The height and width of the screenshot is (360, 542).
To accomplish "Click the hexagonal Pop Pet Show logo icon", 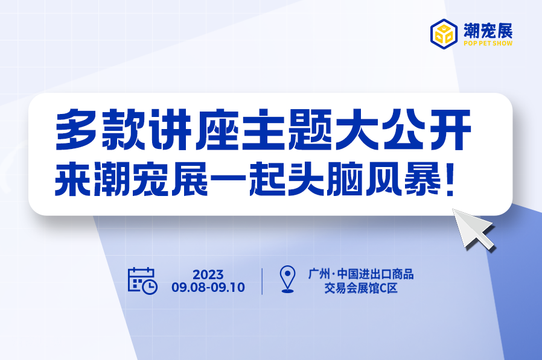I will click(444, 34).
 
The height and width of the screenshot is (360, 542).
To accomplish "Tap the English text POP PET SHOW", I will click(488, 44).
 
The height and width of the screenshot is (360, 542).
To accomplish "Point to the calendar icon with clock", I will click(142, 280).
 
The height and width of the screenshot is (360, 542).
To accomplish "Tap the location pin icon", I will click(289, 280).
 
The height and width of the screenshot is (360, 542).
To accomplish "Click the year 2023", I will click(208, 274).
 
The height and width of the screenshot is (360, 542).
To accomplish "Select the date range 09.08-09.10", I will click(208, 288).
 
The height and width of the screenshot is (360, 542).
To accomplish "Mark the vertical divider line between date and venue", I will click(263, 281).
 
